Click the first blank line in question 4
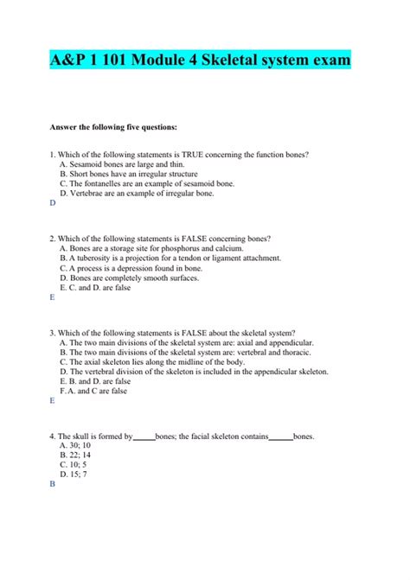(x=144, y=437)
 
